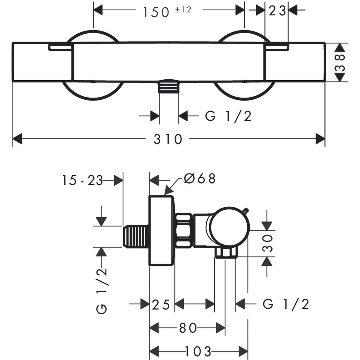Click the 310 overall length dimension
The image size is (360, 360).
[x=168, y=139]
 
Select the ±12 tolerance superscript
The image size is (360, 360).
[x=184, y=9]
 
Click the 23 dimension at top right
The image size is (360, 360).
[x=277, y=11]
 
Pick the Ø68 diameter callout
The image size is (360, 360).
[x=200, y=179]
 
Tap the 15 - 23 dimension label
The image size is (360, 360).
[x=82, y=180]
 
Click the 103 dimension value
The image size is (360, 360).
[x=198, y=351]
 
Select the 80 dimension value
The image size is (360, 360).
[x=188, y=328]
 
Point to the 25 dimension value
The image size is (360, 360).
[x=161, y=304]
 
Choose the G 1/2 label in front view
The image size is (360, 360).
[x=228, y=116]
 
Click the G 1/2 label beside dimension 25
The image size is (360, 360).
[x=286, y=304]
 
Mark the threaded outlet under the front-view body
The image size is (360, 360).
[x=169, y=87]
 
